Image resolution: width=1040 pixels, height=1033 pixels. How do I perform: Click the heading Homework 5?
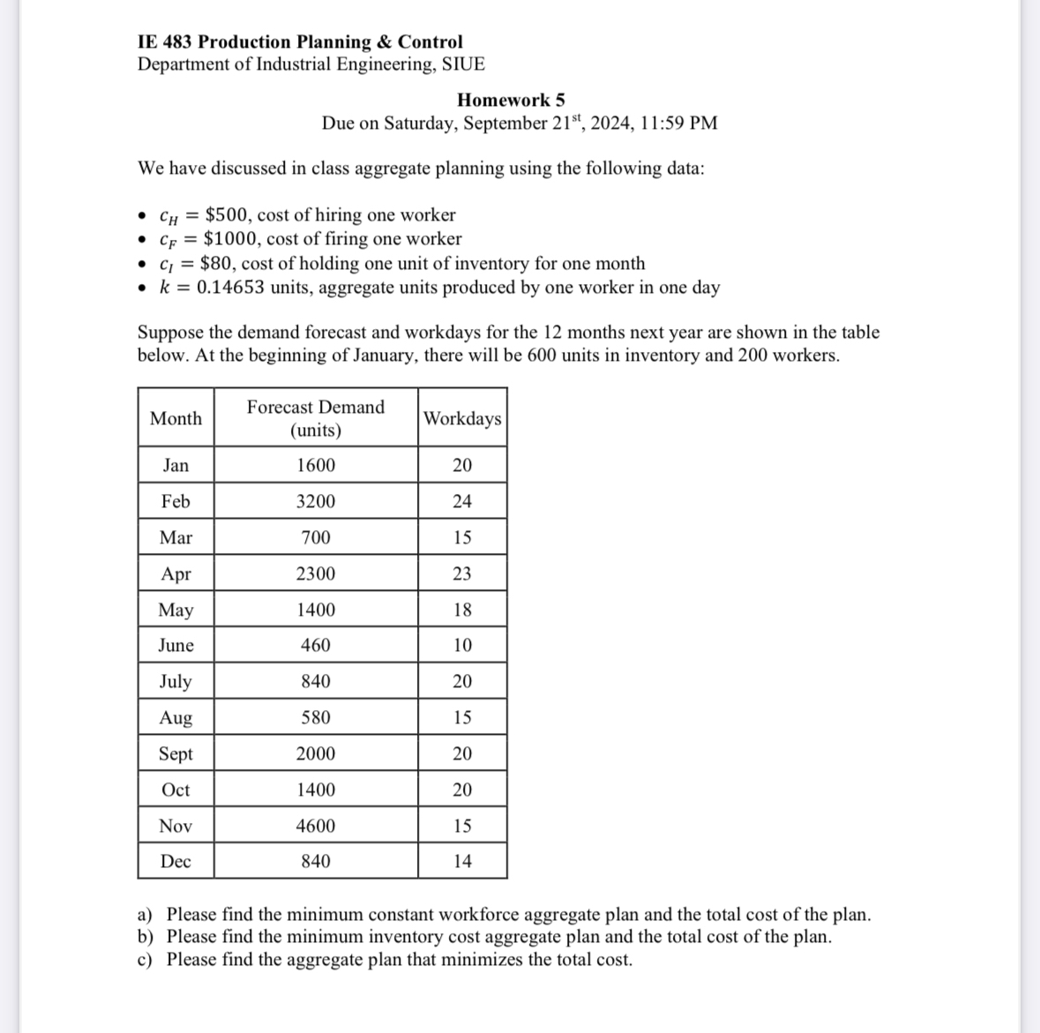click(x=511, y=100)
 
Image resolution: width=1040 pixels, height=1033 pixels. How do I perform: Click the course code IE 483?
click(x=165, y=41)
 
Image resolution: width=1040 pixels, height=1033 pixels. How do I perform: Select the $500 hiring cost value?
click(x=226, y=215)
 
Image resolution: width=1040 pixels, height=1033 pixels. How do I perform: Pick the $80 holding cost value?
click(x=216, y=264)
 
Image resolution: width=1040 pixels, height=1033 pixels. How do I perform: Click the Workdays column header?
click(x=462, y=418)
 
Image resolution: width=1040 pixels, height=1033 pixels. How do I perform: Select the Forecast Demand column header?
click(x=316, y=418)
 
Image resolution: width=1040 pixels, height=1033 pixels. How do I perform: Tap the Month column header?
click(x=176, y=418)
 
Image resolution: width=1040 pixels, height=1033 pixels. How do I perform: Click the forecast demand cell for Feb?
click(x=316, y=501)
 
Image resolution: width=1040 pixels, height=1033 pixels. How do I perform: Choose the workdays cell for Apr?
click(x=462, y=573)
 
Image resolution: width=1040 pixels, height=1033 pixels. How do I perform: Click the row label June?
click(x=176, y=646)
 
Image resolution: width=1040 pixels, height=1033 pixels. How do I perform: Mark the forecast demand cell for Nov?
click(x=316, y=826)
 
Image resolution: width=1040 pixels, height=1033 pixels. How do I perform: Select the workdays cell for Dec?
click(x=462, y=861)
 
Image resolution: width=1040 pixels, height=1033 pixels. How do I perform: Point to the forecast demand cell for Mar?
click(x=316, y=537)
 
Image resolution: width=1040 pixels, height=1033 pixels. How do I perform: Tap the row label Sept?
click(x=176, y=753)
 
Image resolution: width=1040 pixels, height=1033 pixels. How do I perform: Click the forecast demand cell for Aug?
click(x=316, y=717)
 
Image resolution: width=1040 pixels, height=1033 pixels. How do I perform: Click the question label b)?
click(x=146, y=937)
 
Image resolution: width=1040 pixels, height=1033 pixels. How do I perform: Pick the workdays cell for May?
click(x=462, y=610)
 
